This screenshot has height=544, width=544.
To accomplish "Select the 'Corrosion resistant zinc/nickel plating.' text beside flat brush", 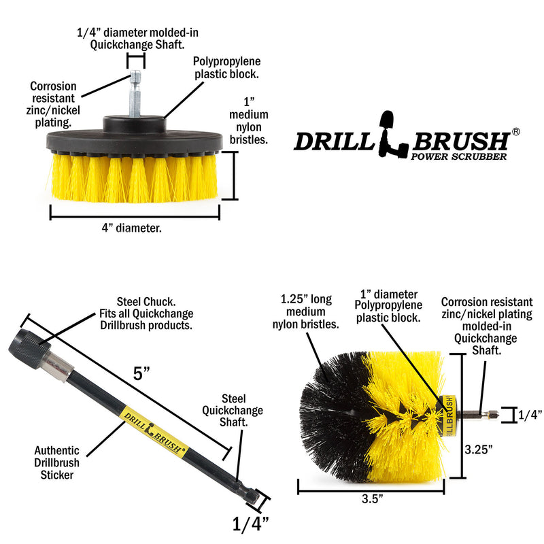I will (53, 104).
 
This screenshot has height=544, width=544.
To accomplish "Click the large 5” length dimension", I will (141, 373).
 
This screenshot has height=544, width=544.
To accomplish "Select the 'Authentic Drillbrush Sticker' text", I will (56, 462).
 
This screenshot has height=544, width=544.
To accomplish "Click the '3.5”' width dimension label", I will (371, 498).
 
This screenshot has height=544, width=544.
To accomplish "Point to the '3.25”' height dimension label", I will (480, 449).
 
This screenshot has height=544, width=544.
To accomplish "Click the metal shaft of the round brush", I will (477, 414).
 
